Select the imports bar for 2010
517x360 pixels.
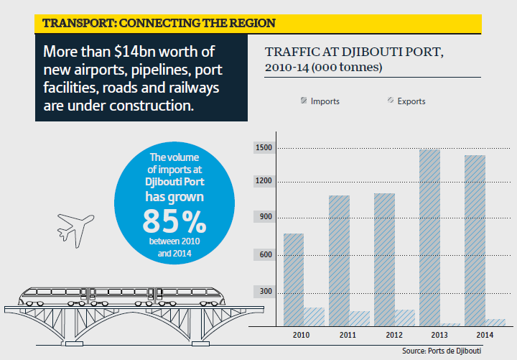(293, 280)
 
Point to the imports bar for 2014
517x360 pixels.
(474, 240)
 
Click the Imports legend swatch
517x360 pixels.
(303, 101)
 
